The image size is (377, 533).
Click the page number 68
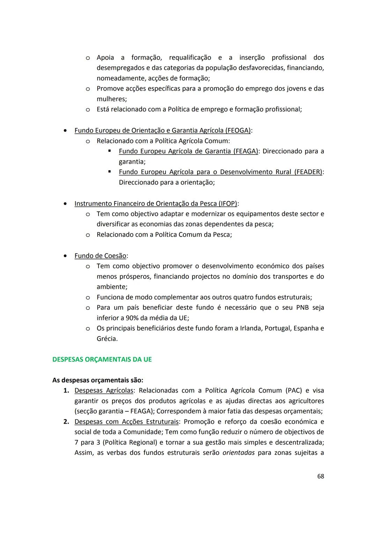click(320, 476)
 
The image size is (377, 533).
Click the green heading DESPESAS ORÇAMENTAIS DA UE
click(102, 359)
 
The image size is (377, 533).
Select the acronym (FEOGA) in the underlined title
click(238, 130)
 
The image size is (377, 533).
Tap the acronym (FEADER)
click(308, 172)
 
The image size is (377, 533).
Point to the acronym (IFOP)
click(228, 203)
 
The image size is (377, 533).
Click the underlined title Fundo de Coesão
click(100, 256)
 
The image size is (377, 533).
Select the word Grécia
click(106, 339)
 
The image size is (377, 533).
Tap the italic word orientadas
click(238, 453)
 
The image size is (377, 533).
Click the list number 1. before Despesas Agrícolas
click(66, 390)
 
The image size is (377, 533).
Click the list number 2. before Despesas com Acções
click(66, 422)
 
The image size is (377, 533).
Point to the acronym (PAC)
click(294, 390)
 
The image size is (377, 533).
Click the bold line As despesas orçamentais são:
click(98, 380)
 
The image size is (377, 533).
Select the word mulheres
click(111, 99)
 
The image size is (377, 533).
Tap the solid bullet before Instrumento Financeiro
click(65, 203)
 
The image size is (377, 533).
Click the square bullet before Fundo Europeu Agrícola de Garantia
click(110, 151)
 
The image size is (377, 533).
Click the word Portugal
click(278, 328)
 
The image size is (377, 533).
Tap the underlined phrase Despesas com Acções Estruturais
click(126, 422)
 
